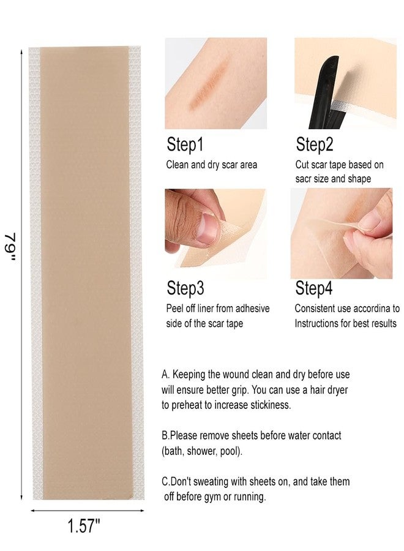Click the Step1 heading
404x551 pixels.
click(185, 144)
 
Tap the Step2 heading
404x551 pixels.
click(314, 144)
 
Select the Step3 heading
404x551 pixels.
click(185, 288)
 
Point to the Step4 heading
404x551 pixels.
click(314, 288)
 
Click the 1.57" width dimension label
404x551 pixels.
click(84, 526)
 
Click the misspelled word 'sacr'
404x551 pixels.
click(302, 179)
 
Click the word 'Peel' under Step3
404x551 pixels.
click(174, 309)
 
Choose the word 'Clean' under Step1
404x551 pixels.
click(177, 165)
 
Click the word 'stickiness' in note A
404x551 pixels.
click(271, 405)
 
